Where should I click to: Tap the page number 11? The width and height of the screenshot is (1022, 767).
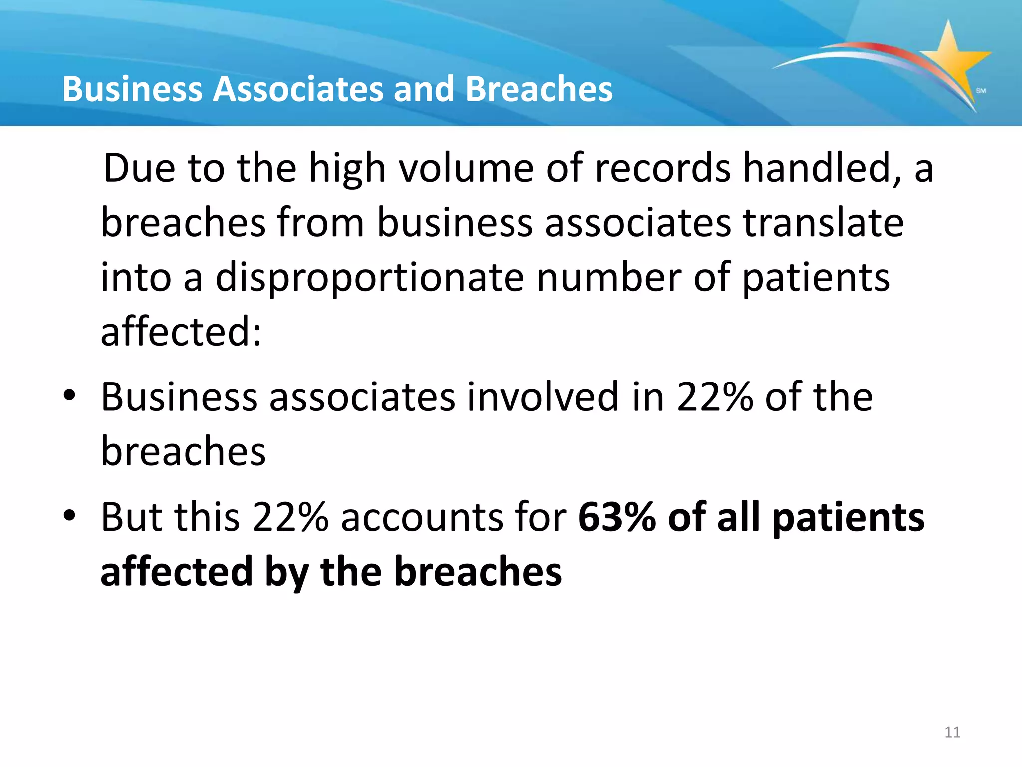(952, 732)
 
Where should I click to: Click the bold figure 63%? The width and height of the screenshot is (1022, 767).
(616, 517)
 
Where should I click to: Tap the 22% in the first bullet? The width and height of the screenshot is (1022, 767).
(714, 397)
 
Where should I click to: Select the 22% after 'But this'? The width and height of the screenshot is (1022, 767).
(290, 517)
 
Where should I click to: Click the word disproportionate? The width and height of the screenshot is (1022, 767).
(370, 278)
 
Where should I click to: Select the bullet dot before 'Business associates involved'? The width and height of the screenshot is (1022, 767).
(69, 395)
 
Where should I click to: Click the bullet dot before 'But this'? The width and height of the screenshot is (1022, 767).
(69, 515)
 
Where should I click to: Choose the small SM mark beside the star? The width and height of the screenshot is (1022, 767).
(981, 91)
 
